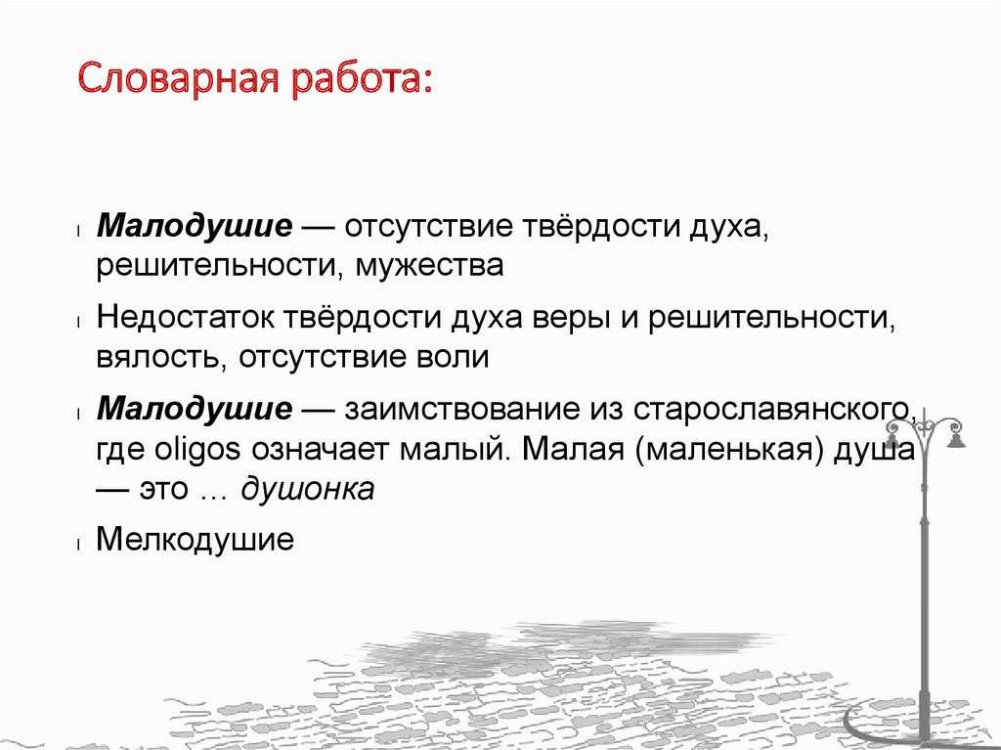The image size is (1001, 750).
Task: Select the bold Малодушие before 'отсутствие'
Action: click(195, 227)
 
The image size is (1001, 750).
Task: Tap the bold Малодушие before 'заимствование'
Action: click(195, 409)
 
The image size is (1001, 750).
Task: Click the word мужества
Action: click(429, 266)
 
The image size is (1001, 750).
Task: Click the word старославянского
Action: click(774, 410)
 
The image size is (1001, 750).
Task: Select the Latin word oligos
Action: click(197, 451)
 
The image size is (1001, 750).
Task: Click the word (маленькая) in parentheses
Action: click(727, 451)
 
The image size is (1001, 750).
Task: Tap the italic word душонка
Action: click(307, 489)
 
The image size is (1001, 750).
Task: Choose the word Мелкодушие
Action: click(195, 539)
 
